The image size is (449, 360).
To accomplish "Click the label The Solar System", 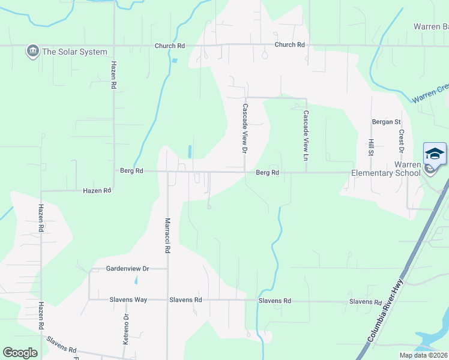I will click(74, 52).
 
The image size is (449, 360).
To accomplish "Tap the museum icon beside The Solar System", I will click(32, 52).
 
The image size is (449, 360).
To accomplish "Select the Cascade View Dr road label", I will click(245, 128).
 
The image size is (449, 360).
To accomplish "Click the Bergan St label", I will click(385, 122).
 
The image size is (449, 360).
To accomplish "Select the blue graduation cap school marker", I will click(435, 154).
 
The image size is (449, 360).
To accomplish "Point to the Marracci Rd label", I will click(167, 235).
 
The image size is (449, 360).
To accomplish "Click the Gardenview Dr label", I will click(127, 269).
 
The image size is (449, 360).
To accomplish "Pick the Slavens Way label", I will click(128, 299).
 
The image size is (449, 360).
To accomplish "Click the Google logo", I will click(20, 353).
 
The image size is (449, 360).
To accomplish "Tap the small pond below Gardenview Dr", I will click(136, 280).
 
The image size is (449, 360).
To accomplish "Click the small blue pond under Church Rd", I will click(174, 60).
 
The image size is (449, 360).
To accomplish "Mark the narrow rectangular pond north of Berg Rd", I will click(190, 151).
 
